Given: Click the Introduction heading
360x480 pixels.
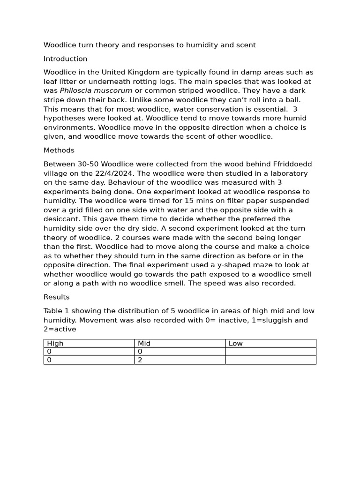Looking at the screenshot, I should click(x=65, y=59).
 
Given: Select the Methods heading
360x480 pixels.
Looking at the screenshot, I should click(x=59, y=150).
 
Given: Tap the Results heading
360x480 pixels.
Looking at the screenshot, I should click(x=56, y=297).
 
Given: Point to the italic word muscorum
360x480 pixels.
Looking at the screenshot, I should click(x=114, y=90).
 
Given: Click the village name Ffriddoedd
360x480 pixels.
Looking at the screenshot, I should click(x=292, y=164).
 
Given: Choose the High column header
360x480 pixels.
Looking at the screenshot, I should click(x=55, y=344).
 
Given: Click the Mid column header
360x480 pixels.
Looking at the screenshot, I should click(x=144, y=344).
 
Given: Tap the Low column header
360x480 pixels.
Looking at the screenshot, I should click(x=235, y=344).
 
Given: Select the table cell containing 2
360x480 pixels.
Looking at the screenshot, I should click(x=140, y=360).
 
